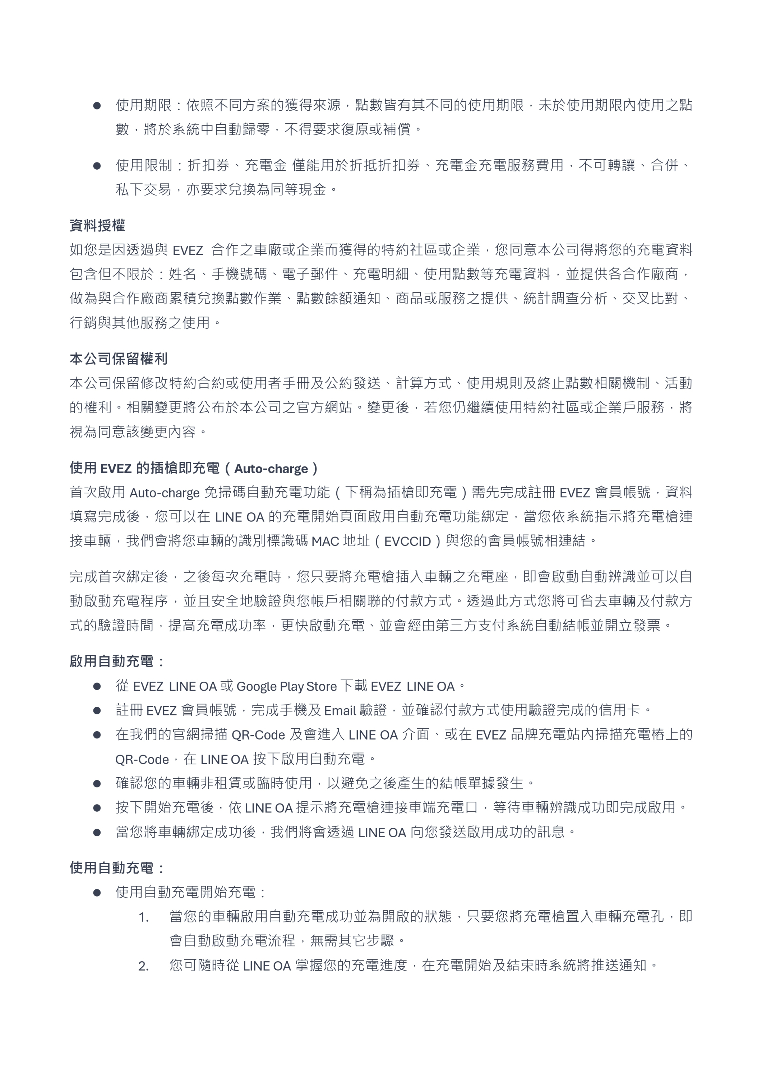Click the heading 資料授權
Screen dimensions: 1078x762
point(97,225)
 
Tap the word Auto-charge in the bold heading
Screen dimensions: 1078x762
point(271,469)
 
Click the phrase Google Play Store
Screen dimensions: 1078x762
point(286,686)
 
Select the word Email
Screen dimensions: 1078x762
point(340,710)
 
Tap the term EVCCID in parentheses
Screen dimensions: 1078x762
point(407,542)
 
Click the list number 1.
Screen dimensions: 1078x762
point(144,917)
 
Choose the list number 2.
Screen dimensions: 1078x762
point(144,966)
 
